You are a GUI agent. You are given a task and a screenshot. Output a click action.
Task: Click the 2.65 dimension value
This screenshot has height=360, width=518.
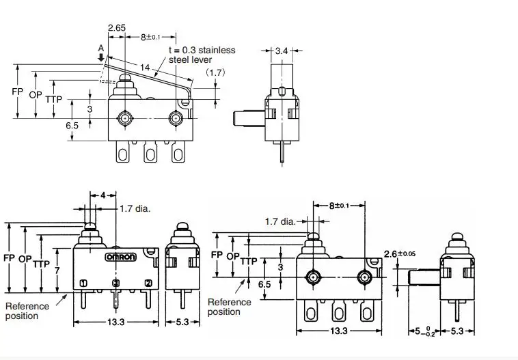[x=117, y=27]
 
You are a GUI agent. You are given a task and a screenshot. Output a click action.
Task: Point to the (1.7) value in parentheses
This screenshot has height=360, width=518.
[x=217, y=72]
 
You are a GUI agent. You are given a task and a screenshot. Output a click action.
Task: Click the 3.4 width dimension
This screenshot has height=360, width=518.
[x=281, y=51]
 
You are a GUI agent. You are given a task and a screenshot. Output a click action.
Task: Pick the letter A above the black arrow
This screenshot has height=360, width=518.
[x=101, y=49]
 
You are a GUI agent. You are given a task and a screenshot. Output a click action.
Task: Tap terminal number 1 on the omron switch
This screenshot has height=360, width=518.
[x=83, y=283]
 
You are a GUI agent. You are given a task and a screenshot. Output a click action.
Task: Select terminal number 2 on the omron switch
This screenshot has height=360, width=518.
[x=148, y=283]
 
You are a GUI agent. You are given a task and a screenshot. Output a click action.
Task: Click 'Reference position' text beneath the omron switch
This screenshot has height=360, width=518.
[x=27, y=311]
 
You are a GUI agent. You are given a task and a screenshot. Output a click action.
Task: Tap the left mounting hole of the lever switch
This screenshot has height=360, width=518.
[x=125, y=118]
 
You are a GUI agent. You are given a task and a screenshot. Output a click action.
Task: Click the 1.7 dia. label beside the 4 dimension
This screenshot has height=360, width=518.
[x=135, y=208]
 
